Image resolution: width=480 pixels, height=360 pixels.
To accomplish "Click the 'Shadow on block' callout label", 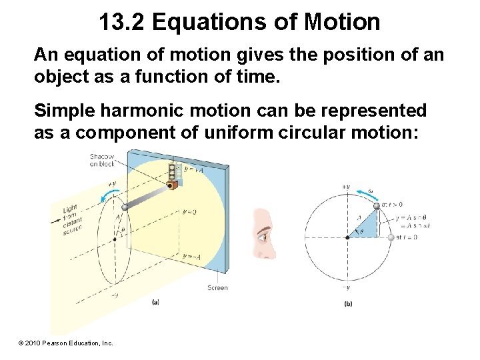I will [102, 161].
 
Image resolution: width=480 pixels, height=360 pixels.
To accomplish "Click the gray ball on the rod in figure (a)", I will [124, 208].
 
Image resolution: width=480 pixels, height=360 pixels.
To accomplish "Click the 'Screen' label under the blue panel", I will [217, 288].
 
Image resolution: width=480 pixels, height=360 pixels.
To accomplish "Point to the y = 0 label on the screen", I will [189, 211].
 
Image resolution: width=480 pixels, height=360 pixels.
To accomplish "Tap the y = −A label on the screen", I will [191, 256].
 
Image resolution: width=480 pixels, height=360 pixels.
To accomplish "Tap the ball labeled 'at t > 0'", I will [376, 206].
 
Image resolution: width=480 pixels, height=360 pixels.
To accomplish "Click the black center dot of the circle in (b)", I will [347, 237].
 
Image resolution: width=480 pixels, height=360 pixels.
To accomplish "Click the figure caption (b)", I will [347, 305].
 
